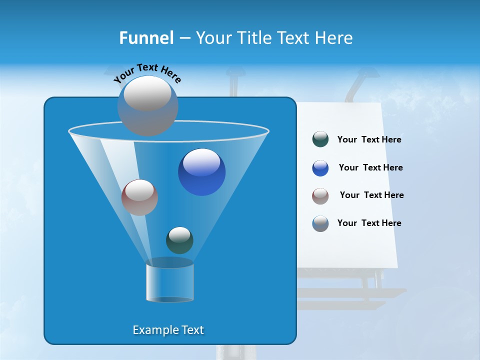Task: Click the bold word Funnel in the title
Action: coord(146,38)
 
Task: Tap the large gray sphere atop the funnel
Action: coord(148,105)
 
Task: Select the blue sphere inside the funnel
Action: coord(201,172)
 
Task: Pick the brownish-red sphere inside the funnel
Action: coord(139,197)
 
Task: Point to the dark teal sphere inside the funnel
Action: coord(179,240)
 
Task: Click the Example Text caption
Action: coord(168,330)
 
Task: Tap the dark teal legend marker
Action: coord(320,139)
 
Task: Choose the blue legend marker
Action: coord(320,168)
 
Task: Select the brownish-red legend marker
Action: coord(320,196)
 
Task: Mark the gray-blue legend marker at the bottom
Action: coord(320,223)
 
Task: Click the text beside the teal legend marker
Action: coord(369,140)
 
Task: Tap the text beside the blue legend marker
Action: coord(370,168)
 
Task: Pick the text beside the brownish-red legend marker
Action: coord(371,195)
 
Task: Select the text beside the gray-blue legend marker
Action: coord(369,223)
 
